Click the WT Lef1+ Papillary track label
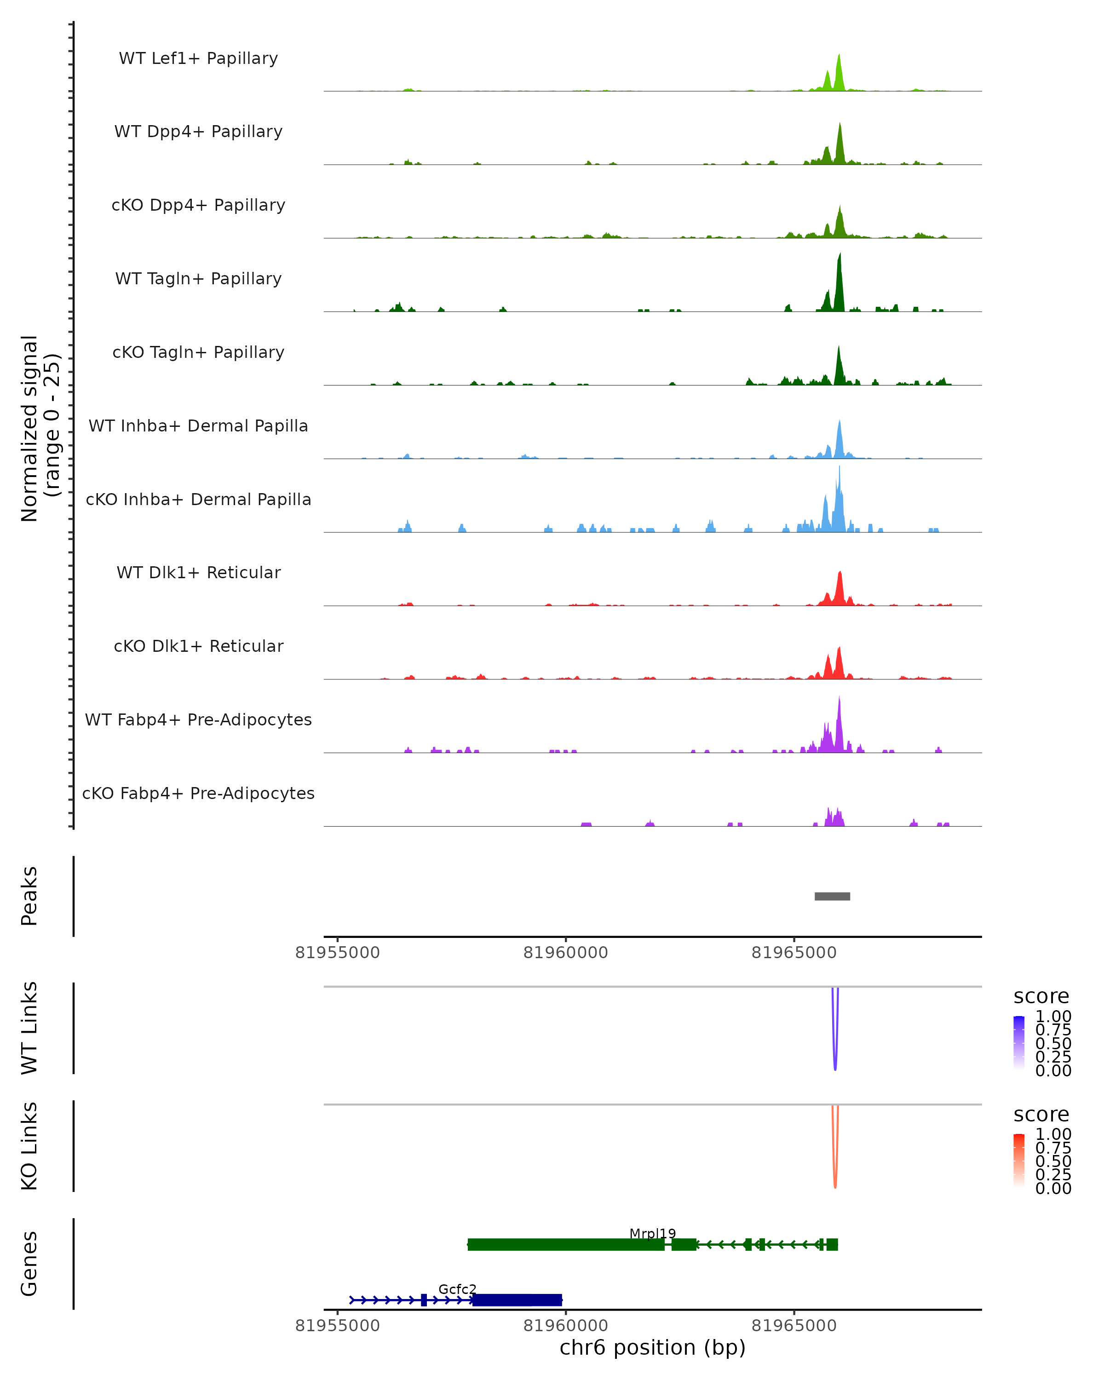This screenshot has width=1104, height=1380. (198, 58)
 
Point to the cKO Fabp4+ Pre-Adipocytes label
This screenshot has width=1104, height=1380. (198, 793)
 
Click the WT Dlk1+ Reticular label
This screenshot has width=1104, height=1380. (198, 572)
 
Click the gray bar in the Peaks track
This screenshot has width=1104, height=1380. (832, 896)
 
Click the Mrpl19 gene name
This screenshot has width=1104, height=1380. (652, 1233)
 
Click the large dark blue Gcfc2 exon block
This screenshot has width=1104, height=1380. (517, 1300)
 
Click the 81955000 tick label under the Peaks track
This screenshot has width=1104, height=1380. (337, 953)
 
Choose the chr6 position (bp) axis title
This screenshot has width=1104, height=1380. (652, 1347)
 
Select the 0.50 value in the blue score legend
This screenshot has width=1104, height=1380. (1053, 1043)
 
